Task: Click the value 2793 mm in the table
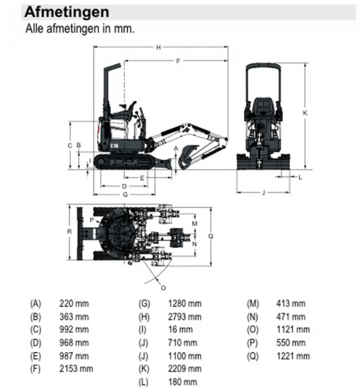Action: pyautogui.click(x=184, y=317)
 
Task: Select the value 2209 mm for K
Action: pyautogui.click(x=184, y=369)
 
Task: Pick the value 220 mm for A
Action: pyautogui.click(x=74, y=304)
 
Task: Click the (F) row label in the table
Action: pyautogui.click(x=36, y=369)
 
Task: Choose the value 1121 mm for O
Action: pyautogui.click(x=293, y=330)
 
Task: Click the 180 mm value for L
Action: pyautogui.click(x=183, y=382)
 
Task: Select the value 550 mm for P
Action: pyautogui.click(x=291, y=343)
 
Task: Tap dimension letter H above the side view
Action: pyautogui.click(x=159, y=48)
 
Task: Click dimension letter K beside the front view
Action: pyautogui.click(x=305, y=113)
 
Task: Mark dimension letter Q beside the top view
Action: pyautogui.click(x=210, y=236)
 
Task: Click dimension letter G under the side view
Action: pyautogui.click(x=125, y=194)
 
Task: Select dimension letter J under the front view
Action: pyautogui.click(x=263, y=192)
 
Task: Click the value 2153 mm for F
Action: pyautogui.click(x=76, y=369)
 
